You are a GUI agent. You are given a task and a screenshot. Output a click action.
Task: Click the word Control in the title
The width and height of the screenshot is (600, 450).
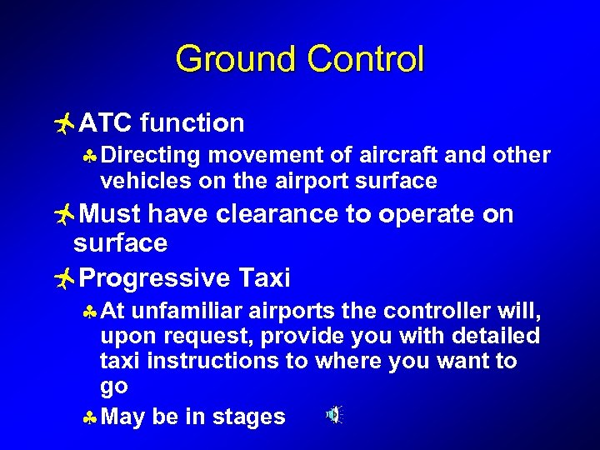(365, 60)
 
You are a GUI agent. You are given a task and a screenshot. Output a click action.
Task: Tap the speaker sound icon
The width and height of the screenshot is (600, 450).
(333, 414)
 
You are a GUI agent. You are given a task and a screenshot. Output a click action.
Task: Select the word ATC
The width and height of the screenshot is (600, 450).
(107, 123)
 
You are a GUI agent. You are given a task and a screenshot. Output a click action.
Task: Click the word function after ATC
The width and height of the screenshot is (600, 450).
(192, 123)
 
